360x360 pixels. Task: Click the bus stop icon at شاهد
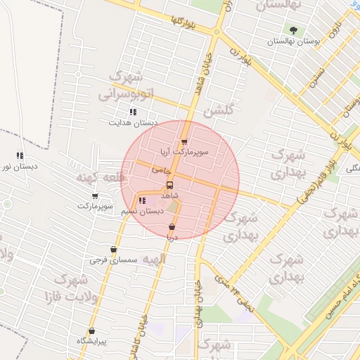169,186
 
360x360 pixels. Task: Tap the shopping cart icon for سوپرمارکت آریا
184,142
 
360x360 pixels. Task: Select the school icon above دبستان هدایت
133,112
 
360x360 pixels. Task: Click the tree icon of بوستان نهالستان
292,30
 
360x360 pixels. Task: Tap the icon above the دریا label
172,227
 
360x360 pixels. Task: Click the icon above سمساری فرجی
113,250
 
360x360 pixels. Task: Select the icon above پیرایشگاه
91,330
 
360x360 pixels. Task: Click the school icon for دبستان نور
20,156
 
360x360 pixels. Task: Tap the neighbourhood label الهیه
153,259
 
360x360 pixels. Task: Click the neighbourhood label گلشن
217,111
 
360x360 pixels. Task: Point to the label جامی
161,171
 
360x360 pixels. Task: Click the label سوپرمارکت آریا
201,153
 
